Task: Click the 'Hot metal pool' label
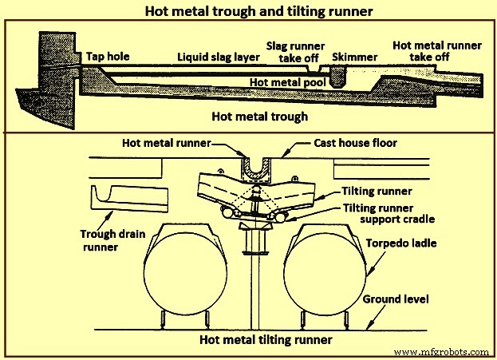280,81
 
